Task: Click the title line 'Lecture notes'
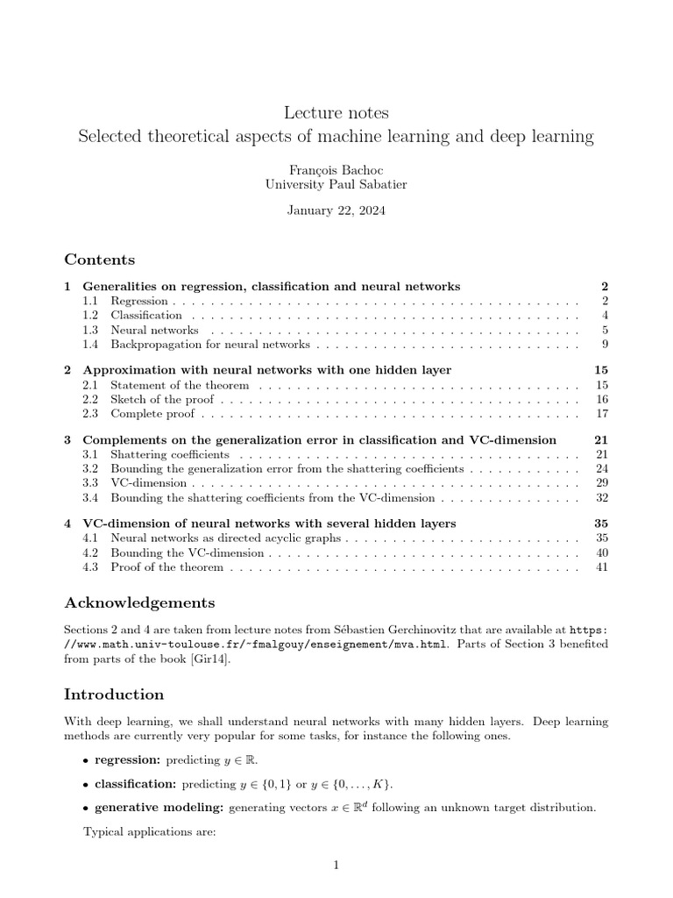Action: click(336, 113)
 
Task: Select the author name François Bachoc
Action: click(336, 170)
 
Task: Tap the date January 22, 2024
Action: click(336, 210)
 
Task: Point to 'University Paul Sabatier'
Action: click(336, 184)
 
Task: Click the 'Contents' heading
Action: click(99, 260)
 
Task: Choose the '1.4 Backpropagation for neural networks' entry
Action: click(207, 344)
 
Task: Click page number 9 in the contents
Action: click(604, 344)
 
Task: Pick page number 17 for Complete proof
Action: click(601, 413)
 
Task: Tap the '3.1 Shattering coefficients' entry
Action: click(169, 454)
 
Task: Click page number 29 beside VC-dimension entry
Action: click(601, 482)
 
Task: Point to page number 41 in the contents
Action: click(601, 567)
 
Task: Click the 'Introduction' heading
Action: click(114, 695)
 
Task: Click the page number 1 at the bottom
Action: click(336, 866)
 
